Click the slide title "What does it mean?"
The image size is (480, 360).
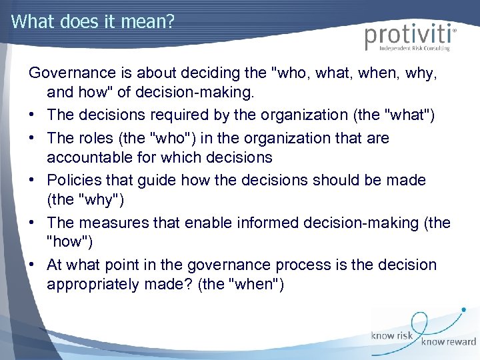click(93, 21)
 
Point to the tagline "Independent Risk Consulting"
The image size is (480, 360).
click(414, 48)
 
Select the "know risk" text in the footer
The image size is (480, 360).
click(392, 336)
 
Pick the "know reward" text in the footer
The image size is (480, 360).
click(448, 342)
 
